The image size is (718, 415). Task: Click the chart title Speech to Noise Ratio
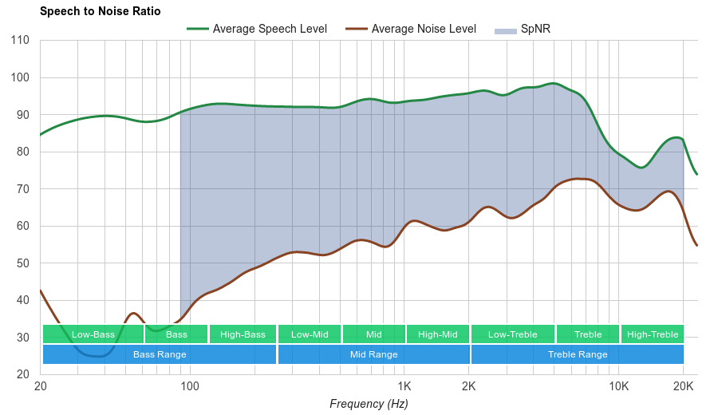pos(100,11)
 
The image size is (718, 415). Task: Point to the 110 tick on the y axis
pos(21,41)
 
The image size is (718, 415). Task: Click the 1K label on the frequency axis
pos(404,386)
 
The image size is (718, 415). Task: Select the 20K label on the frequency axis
pos(683,386)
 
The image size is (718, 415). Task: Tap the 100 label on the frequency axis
pos(190,386)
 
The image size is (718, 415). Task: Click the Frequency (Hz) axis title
pos(369,404)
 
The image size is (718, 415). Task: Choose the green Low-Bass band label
pos(93,334)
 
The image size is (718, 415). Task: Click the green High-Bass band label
pos(243,334)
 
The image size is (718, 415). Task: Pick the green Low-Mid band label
pos(310,334)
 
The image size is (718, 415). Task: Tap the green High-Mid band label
pos(438,334)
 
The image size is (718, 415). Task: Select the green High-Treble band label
pos(653,334)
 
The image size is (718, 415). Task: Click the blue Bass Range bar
pos(160,354)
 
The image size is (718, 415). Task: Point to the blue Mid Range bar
pos(373,354)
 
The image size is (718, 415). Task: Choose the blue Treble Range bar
pos(578,354)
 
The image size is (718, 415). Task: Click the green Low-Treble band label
pos(512,334)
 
